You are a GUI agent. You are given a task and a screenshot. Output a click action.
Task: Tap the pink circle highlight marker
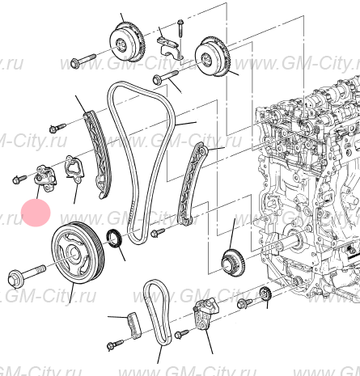(35, 213)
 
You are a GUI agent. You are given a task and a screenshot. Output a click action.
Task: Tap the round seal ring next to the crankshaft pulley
(116, 240)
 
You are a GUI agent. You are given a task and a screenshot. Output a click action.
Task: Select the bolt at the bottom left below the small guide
(112, 346)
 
